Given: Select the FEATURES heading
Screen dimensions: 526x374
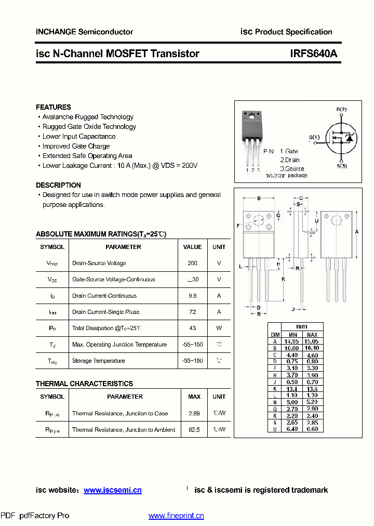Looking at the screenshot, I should click(54, 107).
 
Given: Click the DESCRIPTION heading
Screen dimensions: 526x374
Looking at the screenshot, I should click(58, 185).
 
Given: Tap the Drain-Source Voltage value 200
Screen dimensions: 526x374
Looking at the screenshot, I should click(192, 264).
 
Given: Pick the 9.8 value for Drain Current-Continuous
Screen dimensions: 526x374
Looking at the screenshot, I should click(192, 296).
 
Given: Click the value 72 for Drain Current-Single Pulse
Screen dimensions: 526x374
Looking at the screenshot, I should click(192, 312).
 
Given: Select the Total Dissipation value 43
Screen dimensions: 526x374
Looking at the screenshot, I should click(192, 328).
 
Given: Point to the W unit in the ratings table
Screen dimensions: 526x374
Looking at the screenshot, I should click(219, 328).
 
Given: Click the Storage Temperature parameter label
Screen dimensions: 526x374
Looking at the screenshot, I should click(98, 361).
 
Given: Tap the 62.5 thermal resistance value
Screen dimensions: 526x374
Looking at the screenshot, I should click(194, 430).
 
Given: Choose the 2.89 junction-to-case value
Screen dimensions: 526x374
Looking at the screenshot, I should click(194, 413).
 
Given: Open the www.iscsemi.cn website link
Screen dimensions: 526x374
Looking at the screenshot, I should click(112, 490).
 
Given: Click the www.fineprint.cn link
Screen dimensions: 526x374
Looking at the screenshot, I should click(176, 516).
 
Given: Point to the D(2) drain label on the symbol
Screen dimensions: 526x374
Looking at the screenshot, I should click(341, 109).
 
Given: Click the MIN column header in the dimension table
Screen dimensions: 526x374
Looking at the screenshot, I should click(293, 335).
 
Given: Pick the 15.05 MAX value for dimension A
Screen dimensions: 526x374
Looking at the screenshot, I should click(312, 341).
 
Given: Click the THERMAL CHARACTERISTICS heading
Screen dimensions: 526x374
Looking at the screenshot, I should click(84, 384).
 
